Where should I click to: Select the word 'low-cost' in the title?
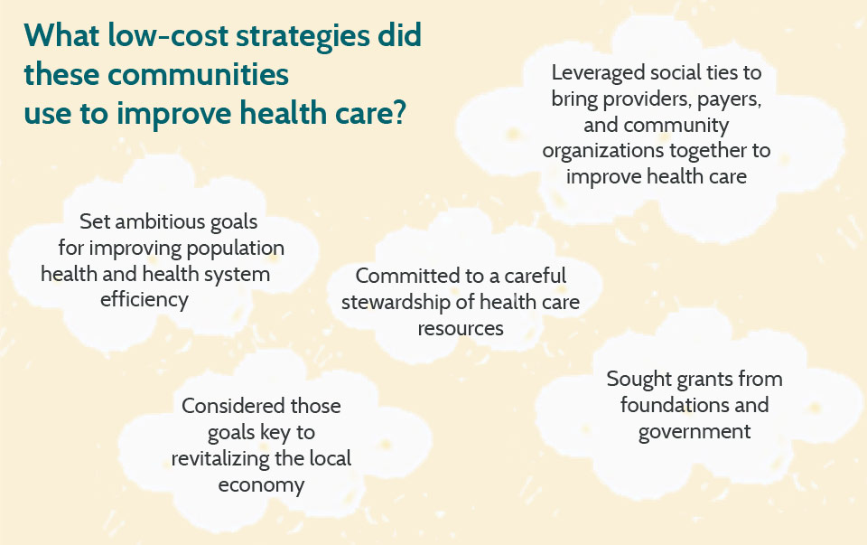click(168, 35)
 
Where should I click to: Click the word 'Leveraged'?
click(598, 73)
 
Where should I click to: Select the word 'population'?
click(235, 249)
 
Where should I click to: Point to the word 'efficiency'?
click(144, 300)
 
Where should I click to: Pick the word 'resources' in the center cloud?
click(461, 329)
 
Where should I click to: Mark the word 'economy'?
click(261, 485)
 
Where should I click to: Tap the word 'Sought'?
click(639, 380)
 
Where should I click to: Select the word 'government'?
click(695, 432)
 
